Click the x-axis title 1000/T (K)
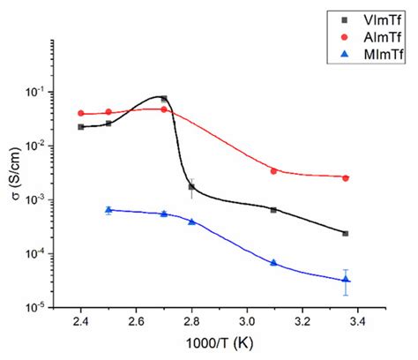pyautogui.click(x=219, y=346)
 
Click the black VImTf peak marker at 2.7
pyautogui.click(x=164, y=99)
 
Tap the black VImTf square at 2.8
pyautogui.click(x=191, y=187)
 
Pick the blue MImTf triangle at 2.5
pyautogui.click(x=108, y=210)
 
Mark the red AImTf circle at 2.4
pyautogui.click(x=81, y=113)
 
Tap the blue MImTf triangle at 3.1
pyautogui.click(x=273, y=263)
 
